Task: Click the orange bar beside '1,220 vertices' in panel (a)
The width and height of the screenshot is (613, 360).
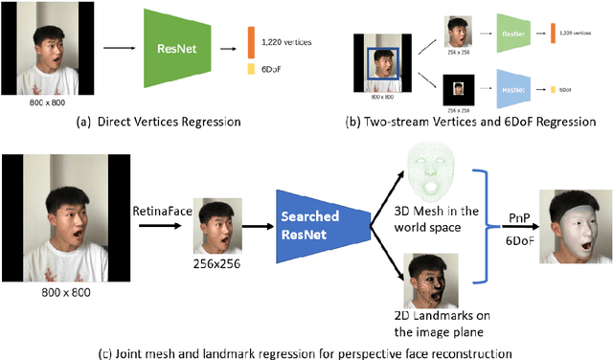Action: [252, 40]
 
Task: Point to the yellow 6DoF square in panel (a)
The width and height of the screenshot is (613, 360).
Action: [252, 70]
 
